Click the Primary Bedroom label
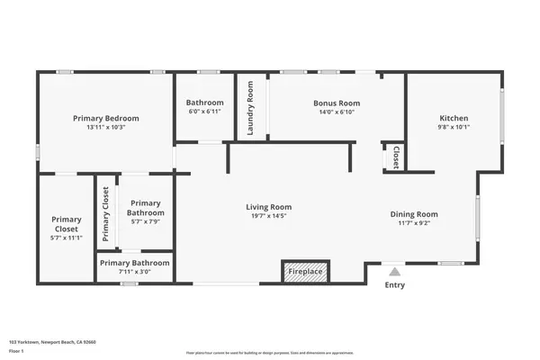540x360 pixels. pos(105,118)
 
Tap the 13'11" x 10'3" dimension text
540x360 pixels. pos(105,127)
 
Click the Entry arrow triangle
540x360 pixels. pos(394,270)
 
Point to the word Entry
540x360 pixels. pos(394,285)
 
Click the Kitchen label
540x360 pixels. pos(454,118)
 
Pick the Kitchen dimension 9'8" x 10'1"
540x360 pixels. pos(454,127)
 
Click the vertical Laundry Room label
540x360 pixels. pos(251,108)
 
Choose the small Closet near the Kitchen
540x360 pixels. pos(395,157)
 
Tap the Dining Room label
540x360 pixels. pos(414,213)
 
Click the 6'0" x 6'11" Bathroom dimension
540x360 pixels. pos(203,112)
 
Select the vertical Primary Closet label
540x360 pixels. pos(106,213)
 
